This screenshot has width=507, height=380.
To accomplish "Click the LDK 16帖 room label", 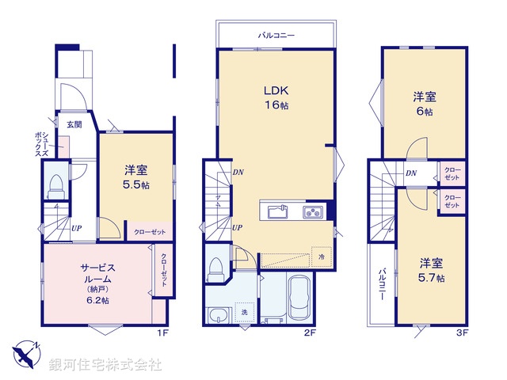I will [x=275, y=97].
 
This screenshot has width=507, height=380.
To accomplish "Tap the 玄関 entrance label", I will [x=74, y=124].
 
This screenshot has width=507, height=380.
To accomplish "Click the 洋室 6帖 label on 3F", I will [x=423, y=104].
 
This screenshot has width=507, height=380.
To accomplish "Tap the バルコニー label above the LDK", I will [x=276, y=36].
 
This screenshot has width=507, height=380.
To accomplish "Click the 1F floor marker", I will [x=162, y=332].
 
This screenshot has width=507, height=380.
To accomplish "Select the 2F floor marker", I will [x=311, y=332].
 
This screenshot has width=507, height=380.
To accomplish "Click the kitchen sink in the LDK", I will [x=278, y=211].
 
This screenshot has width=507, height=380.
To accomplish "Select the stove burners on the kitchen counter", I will [x=311, y=211].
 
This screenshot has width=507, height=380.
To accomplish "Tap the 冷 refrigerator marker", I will [x=322, y=256].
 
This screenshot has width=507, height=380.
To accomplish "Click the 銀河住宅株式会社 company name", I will [x=105, y=365].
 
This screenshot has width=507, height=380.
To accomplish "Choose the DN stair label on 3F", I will [x=411, y=173].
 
